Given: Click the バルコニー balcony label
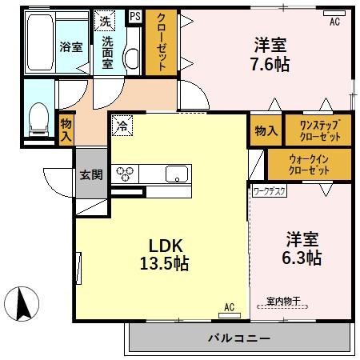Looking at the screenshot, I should coord(239,338).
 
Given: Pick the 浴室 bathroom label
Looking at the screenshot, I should coord(71,46).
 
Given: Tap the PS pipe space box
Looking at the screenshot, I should coord(134,15).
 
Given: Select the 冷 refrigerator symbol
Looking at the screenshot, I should coord(122,124).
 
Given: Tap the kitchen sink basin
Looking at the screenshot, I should coord(176,173).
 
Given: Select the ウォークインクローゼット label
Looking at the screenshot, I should coord(309,166).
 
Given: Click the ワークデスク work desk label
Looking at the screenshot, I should coord(269,192).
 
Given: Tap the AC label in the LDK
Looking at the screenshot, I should coord(230,306).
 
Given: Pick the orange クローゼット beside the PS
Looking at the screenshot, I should coord(161,43).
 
